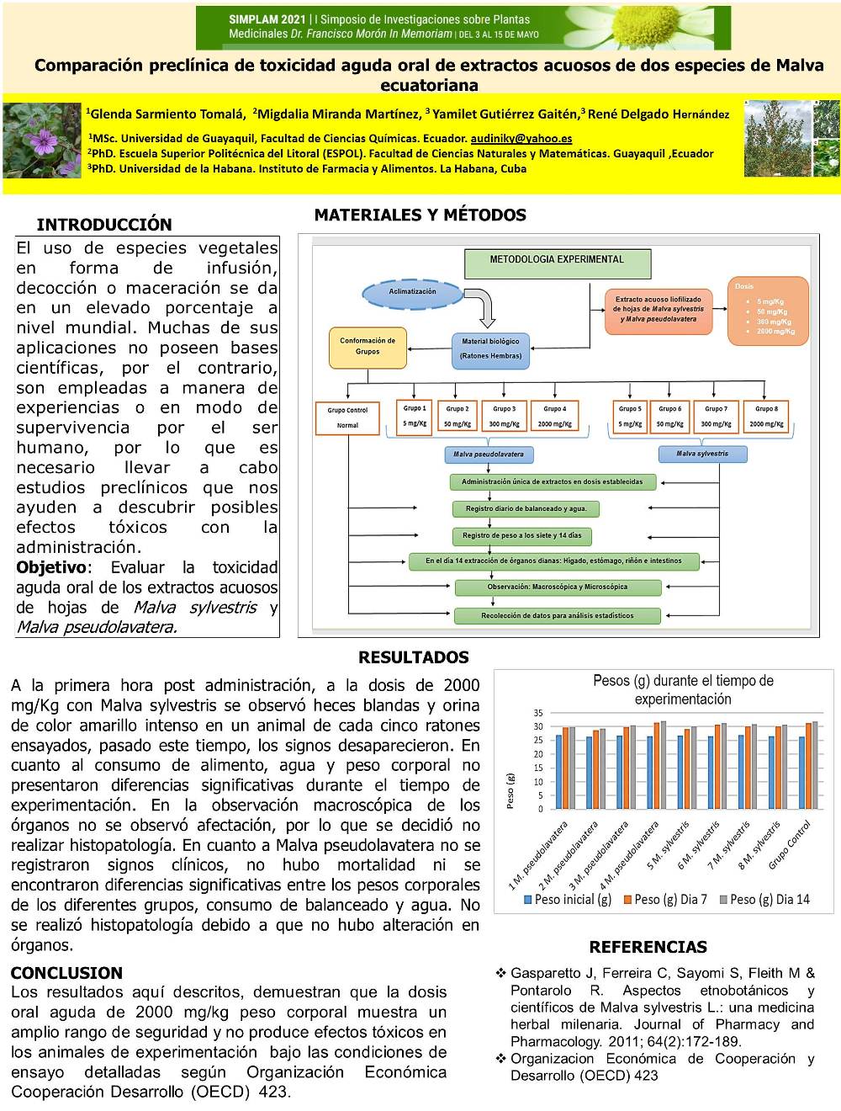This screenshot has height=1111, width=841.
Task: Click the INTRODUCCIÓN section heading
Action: click(104, 225)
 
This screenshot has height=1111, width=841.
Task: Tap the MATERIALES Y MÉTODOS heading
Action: click(420, 215)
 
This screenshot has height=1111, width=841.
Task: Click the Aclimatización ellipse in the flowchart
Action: click(412, 292)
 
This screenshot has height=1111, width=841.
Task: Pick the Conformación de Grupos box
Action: click(368, 347)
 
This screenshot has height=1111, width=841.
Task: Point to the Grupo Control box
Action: click(347, 417)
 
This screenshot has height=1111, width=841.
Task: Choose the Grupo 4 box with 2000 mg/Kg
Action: click(554, 417)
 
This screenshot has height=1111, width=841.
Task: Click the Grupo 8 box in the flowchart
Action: click(766, 417)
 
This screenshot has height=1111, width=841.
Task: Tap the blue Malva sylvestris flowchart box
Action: click(702, 454)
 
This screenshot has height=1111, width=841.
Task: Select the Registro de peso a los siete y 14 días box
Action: click(521, 535)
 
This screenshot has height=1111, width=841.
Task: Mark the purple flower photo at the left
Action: click(42, 141)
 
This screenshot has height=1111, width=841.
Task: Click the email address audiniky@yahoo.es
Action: click(521, 138)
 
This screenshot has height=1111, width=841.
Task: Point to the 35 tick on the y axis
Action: click(538, 713)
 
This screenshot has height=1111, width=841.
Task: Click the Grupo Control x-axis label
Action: click(791, 844)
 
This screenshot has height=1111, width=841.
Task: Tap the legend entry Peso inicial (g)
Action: click(568, 900)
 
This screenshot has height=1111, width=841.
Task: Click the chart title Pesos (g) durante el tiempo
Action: click(683, 689)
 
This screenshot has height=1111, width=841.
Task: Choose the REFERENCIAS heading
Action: click(648, 947)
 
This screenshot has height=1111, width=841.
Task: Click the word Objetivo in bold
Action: click(51, 567)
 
